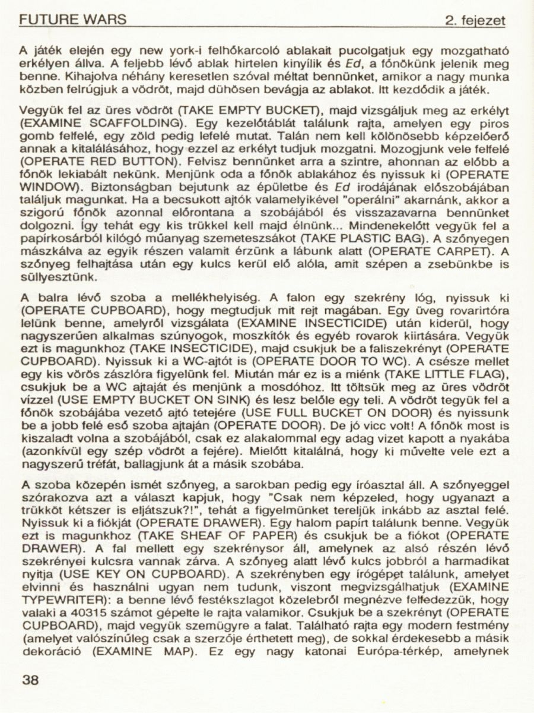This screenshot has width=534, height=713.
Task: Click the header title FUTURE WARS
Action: tap(72, 20)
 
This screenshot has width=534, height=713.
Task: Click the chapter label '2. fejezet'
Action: tap(475, 21)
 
